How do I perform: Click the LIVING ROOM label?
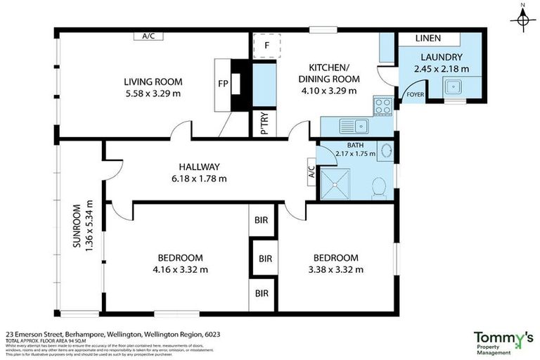144,80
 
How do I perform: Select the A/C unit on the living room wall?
148,36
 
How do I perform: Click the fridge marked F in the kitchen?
266,46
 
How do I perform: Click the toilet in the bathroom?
378,186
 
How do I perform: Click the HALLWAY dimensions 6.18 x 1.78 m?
199,179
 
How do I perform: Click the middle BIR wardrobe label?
265,259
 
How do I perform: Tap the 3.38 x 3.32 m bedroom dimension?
335,269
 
